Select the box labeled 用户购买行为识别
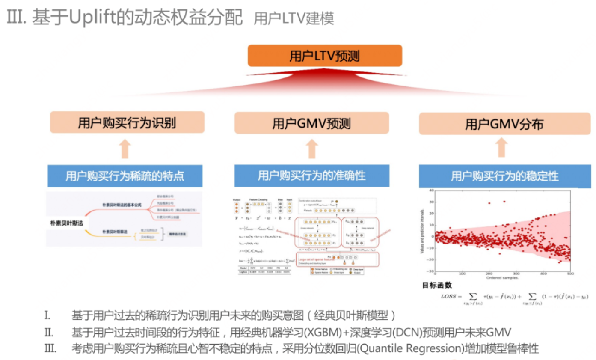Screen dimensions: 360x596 [x=127, y=123]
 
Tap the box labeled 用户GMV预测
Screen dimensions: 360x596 [x=311, y=123]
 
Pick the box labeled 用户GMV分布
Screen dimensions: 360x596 [x=504, y=124]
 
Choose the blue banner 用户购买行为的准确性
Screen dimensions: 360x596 [x=311, y=176]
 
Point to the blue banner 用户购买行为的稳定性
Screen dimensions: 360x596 [x=504, y=176]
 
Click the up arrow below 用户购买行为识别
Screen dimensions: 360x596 [x=125, y=148]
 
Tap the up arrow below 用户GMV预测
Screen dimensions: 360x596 [x=311, y=148]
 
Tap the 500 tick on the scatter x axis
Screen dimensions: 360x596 [x=570, y=274]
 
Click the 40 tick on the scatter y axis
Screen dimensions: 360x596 [x=431, y=190]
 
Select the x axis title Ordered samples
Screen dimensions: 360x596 [x=502, y=278]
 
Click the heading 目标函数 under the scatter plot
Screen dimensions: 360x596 [x=436, y=285]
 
